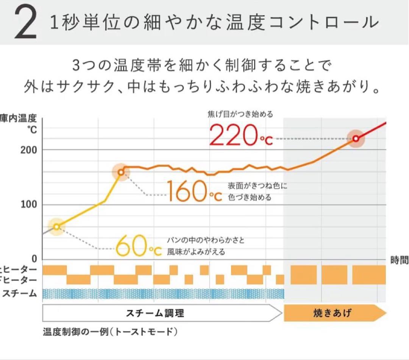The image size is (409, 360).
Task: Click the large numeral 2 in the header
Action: coord(25,23)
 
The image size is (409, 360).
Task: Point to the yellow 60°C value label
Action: coord(138,246)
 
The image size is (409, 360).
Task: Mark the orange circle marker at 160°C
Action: coord(121,172)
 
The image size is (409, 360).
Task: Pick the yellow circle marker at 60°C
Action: coord(56,227)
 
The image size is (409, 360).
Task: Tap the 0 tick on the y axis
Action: coord(34,260)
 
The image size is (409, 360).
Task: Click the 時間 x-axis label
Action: coord(399,260)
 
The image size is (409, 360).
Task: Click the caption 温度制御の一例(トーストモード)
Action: coord(110,332)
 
